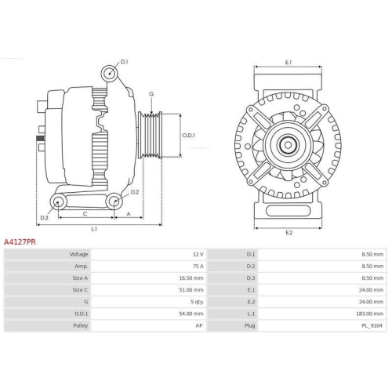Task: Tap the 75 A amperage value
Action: pyautogui.click(x=198, y=267)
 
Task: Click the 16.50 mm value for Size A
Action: pyautogui.click(x=192, y=278)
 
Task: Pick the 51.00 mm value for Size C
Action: pyautogui.click(x=192, y=289)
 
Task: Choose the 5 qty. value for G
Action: pyautogui.click(x=197, y=301)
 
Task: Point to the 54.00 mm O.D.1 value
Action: pyautogui.click(x=192, y=313)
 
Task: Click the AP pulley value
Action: pyautogui.click(x=200, y=324)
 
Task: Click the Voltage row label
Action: pyautogui.click(x=78, y=255)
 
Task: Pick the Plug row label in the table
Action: pyautogui.click(x=250, y=324)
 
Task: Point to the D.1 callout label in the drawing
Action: pyautogui.click(x=124, y=60)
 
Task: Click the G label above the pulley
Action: pyautogui.click(x=151, y=94)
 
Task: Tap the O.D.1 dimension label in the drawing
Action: pyautogui.click(x=188, y=135)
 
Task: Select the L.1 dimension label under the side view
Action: pyautogui.click(x=93, y=229)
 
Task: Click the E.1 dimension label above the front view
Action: pyautogui.click(x=288, y=62)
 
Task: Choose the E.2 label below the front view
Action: pyautogui.click(x=288, y=232)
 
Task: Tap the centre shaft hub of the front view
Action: pyautogui.click(x=289, y=143)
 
